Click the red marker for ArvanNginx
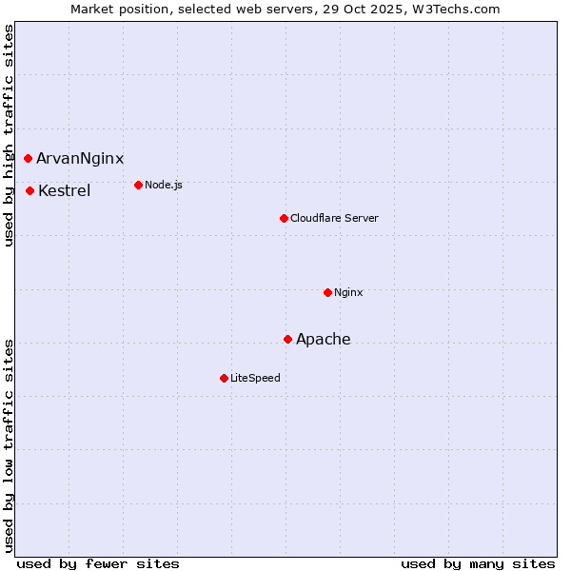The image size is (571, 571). coord(28,158)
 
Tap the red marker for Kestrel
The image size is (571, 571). coord(30,190)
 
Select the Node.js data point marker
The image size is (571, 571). coord(138,185)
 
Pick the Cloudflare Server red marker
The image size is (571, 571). coord(284,218)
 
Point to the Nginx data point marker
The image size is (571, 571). coord(327,292)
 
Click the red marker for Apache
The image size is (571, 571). coord(287,339)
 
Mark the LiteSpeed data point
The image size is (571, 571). coord(224,378)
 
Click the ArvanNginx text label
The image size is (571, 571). coord(80,159)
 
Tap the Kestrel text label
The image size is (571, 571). coord(65,191)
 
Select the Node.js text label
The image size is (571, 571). coord(164,185)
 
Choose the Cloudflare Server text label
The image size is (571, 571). coord(334,218)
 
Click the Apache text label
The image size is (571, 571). coord(324,340)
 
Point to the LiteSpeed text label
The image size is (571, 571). coord(255,378)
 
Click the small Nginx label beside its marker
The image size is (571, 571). coord(348,292)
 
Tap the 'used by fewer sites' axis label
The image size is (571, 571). coord(98,563)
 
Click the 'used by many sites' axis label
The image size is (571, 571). coord(478,563)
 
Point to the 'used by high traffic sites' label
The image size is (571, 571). coord(9,136)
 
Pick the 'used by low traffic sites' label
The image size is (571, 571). coord(9,444)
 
